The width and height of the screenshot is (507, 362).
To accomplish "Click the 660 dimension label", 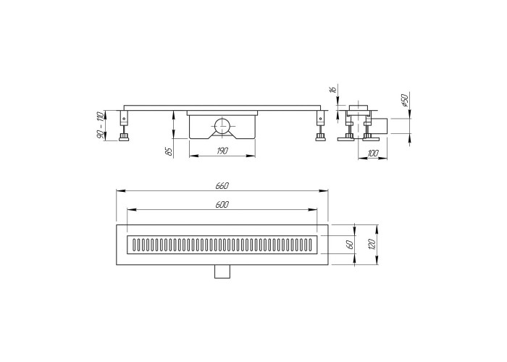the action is click(x=222, y=186).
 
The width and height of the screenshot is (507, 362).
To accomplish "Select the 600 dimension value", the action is click(x=222, y=205).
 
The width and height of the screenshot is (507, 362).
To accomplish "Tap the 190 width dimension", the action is click(x=222, y=151).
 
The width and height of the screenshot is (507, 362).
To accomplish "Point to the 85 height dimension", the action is click(x=169, y=151).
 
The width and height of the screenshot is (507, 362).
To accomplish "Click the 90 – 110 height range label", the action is click(x=100, y=125).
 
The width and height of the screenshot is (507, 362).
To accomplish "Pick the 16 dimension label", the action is click(x=333, y=88).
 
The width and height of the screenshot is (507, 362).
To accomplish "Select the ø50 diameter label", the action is click(x=405, y=99).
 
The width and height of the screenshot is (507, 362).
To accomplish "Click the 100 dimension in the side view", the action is click(x=372, y=153).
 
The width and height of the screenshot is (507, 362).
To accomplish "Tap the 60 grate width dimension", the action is click(x=350, y=245).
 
